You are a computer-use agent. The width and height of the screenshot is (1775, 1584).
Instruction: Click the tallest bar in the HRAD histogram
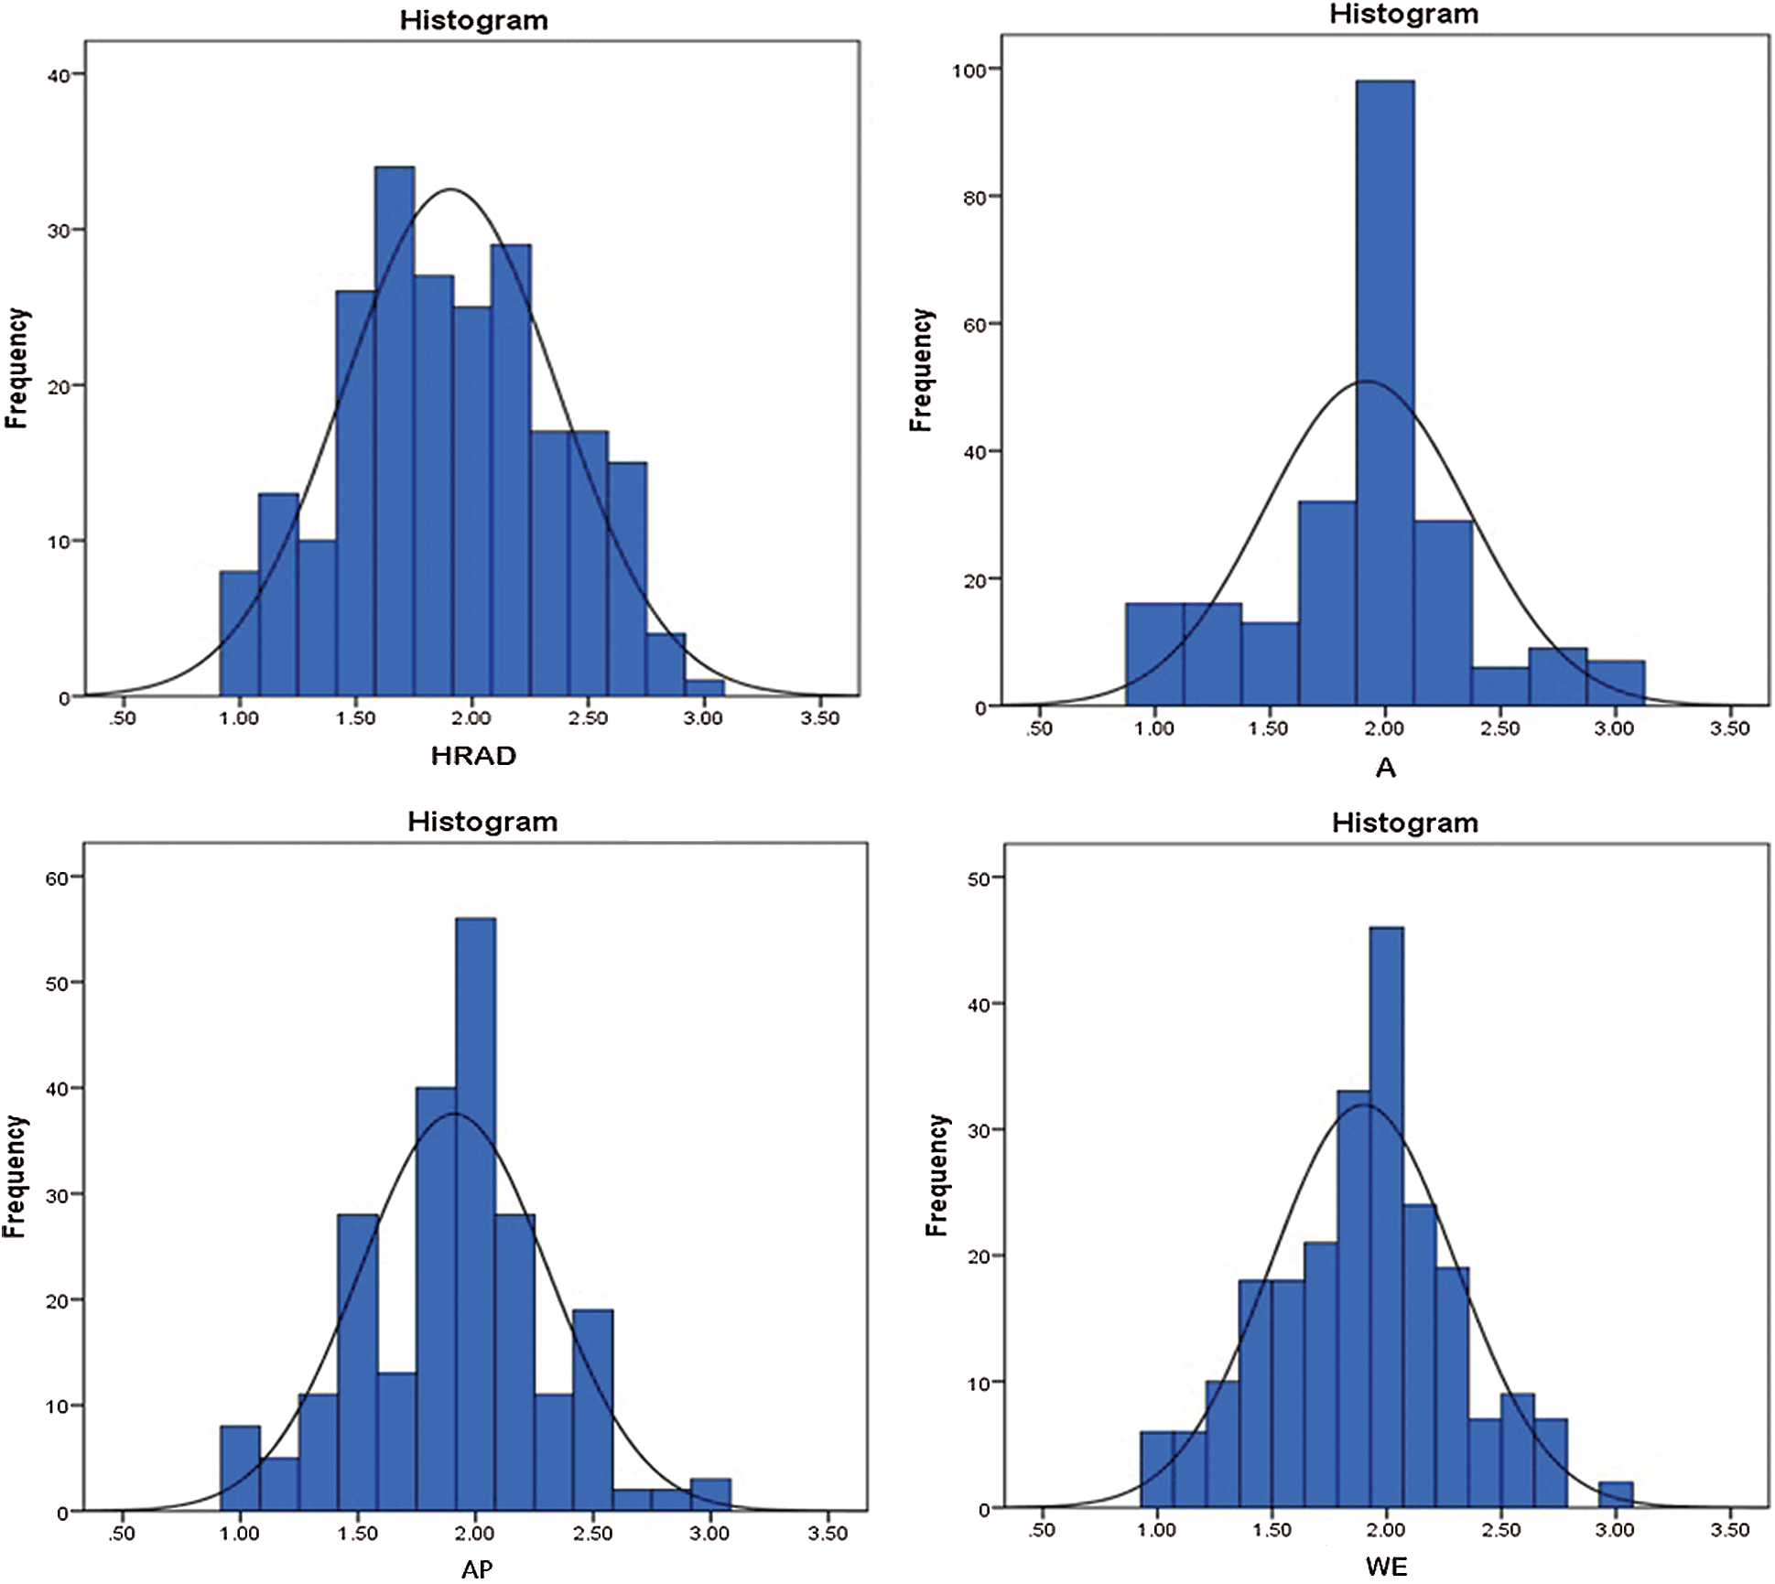tap(395, 430)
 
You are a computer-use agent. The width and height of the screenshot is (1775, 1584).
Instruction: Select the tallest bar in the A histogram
tap(1384, 393)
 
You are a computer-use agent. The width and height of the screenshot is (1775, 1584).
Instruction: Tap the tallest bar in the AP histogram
tap(475, 1217)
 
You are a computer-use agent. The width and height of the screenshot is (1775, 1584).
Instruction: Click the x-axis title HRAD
tap(473, 756)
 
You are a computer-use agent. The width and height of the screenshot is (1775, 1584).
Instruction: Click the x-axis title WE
tap(1386, 1567)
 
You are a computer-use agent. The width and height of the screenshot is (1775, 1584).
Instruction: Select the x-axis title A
tap(1385, 768)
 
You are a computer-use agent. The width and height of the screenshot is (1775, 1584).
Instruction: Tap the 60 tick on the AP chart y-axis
tap(57, 878)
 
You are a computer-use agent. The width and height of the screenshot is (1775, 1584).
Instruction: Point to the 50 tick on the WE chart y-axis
tap(979, 879)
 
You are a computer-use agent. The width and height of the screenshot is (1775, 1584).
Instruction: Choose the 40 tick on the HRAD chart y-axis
tap(59, 75)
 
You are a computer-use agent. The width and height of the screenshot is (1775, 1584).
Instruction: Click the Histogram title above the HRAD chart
tap(473, 20)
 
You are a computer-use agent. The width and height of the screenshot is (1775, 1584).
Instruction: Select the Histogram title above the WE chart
tap(1404, 823)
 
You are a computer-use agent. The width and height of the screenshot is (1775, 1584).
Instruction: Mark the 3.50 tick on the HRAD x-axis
tap(819, 719)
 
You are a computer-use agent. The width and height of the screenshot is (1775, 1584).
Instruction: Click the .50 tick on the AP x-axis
tap(122, 1534)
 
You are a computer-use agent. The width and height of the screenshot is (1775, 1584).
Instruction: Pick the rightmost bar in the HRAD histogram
tap(704, 688)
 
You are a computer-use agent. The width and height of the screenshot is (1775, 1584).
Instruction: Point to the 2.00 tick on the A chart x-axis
tap(1384, 729)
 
